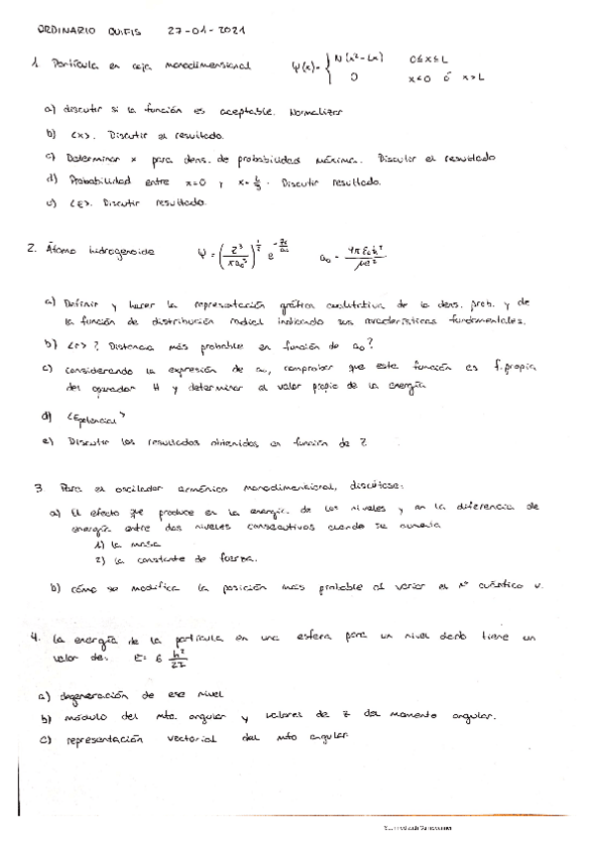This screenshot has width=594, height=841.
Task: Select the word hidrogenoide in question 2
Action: pos(118,252)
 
